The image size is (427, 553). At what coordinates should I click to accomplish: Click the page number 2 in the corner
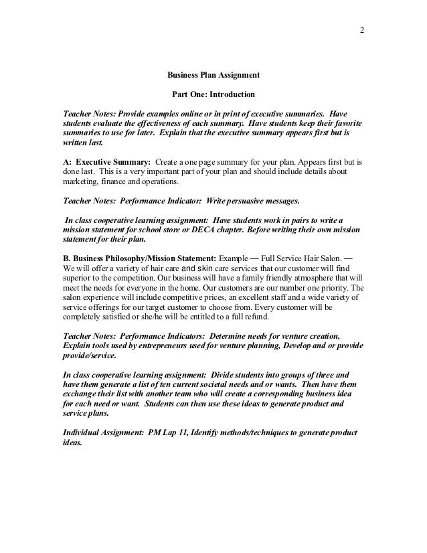click(x=361, y=31)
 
